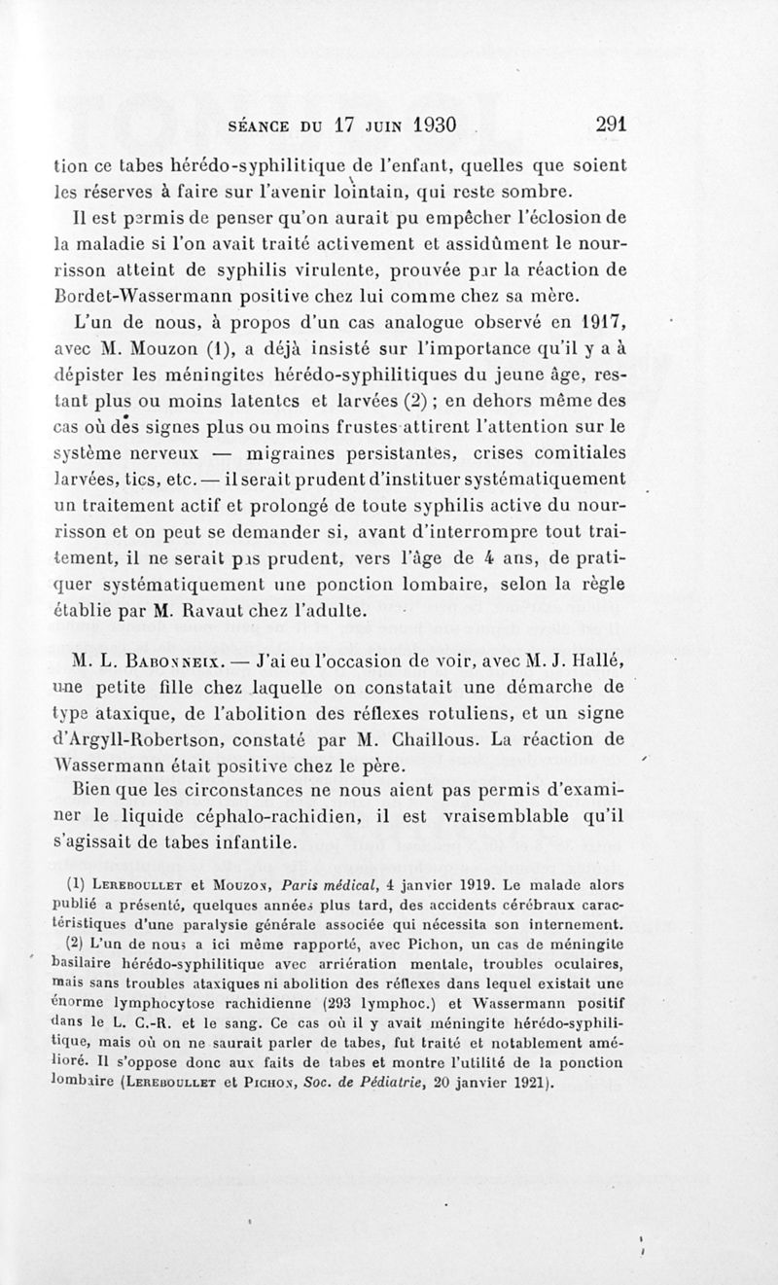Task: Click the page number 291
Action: (x=604, y=125)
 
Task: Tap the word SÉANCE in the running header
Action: (x=260, y=126)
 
